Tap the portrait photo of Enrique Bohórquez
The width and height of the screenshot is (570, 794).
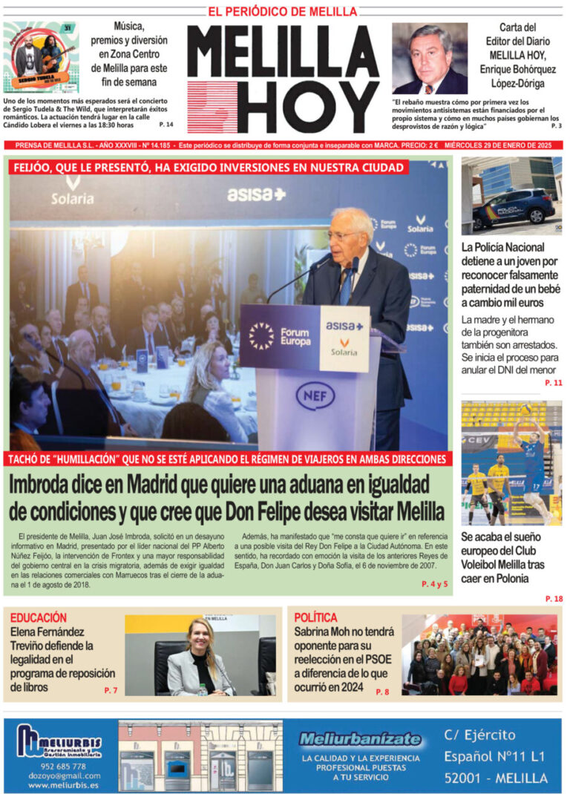point(430,59)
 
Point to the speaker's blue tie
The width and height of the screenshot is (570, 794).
point(346,286)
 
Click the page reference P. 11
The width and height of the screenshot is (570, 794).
point(554,382)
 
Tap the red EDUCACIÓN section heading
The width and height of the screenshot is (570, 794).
point(39,617)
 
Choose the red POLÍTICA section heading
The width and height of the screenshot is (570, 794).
point(315,617)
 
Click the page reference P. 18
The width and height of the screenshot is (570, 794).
point(554,598)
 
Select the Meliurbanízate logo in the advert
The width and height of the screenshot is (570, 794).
point(360,739)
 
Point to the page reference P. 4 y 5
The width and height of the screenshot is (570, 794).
point(434,584)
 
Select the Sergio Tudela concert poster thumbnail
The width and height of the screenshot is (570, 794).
point(40,57)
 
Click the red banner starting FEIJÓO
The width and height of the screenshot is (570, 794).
point(209,168)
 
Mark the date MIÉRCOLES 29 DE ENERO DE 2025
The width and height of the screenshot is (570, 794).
point(501,146)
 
